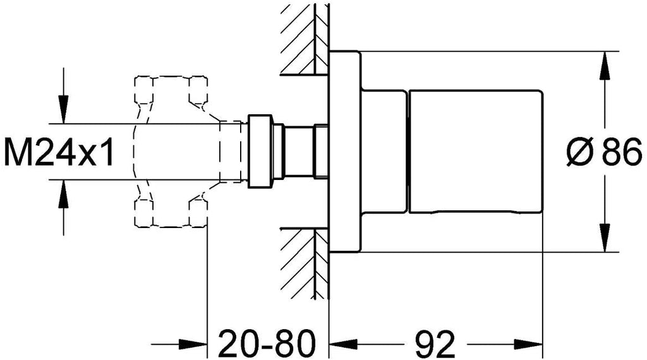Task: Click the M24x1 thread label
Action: tap(58, 152)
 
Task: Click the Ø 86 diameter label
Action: tap(604, 152)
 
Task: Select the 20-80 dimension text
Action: tap(267, 344)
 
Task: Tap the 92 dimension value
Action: tap(435, 344)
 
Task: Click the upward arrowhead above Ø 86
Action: tap(605, 65)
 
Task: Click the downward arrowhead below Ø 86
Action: tap(605, 237)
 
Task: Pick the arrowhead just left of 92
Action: tap(343, 344)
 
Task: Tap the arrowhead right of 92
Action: tap(529, 344)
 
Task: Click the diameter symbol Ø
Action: tap(580, 152)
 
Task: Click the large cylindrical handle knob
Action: tap(475, 152)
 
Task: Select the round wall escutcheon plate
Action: tap(345, 152)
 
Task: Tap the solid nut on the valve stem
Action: tap(260, 152)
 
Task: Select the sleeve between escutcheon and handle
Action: tap(384, 152)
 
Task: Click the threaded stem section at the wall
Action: tap(320, 152)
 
